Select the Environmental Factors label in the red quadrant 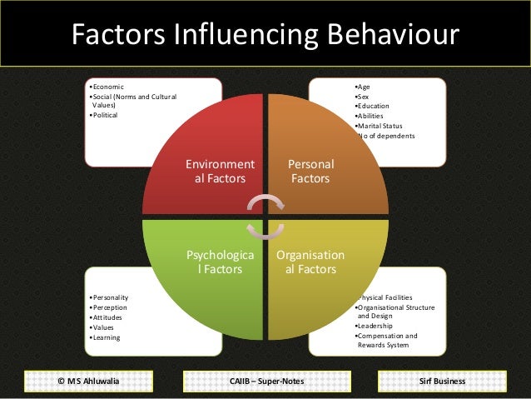(x=220, y=171)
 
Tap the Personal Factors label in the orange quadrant (x=309, y=171)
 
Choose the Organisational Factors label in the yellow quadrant (x=310, y=262)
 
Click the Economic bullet (x=108, y=87)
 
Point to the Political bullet (x=106, y=115)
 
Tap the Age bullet (x=363, y=87)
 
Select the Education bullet (x=373, y=106)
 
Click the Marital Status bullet (x=380, y=126)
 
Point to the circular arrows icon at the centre (x=265, y=216)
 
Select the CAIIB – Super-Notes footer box (x=265, y=381)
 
